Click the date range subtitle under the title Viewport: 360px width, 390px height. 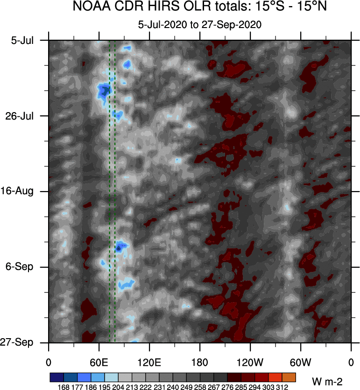coord(199,24)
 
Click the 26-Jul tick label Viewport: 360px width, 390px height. coord(23,116)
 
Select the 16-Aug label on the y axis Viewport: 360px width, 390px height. coord(22,191)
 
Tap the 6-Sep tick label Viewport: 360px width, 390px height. coord(23,267)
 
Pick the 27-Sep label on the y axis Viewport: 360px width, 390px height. coord(22,342)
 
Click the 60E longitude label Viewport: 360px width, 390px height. coord(99,362)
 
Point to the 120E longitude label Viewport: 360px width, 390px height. coord(149,362)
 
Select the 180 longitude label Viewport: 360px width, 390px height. coord(200,362)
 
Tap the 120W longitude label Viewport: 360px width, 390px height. coord(250,362)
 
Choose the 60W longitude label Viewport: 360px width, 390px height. coord(300,362)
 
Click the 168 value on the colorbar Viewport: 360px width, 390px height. coord(63,387)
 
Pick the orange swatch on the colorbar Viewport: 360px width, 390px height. coord(289,377)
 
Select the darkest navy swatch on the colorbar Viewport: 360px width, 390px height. coord(56,377)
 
